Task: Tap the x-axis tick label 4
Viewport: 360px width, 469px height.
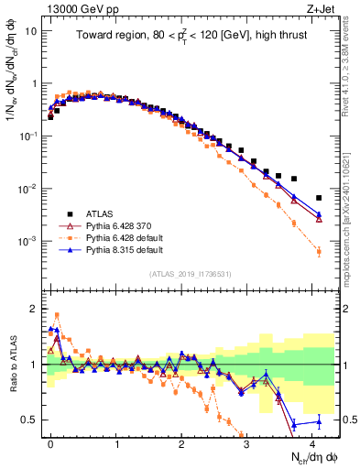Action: click(x=312, y=442)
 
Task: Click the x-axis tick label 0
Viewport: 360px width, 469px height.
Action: click(x=50, y=442)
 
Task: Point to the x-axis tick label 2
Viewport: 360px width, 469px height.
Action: click(x=181, y=442)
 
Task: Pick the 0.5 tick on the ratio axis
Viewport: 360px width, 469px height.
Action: click(x=29, y=420)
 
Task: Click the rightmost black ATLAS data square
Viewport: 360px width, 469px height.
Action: click(x=319, y=198)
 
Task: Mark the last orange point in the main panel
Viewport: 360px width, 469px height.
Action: click(x=319, y=251)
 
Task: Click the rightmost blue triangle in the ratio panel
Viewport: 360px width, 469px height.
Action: click(x=319, y=421)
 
